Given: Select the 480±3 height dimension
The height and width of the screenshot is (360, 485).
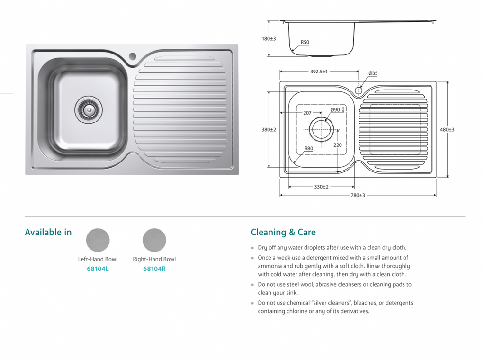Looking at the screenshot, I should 447,129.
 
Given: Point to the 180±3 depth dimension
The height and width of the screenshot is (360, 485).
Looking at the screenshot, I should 269,39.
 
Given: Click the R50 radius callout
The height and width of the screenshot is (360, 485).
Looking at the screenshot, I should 305,42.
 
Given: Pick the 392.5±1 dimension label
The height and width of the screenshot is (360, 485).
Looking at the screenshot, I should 319,72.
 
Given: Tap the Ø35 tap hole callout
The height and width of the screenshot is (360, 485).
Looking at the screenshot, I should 373,73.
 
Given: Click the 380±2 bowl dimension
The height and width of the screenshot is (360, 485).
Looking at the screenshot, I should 269,129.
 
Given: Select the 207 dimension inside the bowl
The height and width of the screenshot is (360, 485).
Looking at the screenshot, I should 307,113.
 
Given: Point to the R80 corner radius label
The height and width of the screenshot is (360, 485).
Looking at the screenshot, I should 308,148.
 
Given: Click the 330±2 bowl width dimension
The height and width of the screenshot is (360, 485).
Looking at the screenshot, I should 321,187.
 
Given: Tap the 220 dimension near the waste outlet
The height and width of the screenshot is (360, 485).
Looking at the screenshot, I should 337,145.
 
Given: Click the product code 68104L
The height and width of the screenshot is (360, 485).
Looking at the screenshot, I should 98,269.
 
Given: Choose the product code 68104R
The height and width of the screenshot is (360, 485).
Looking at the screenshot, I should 154,269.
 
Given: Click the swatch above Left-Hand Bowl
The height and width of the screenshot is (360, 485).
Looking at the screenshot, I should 98,240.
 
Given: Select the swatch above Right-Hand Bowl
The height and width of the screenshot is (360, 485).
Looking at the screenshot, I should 154,240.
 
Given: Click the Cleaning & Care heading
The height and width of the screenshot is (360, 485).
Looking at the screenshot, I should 283,232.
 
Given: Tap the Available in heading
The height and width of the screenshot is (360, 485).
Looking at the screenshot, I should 48,232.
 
